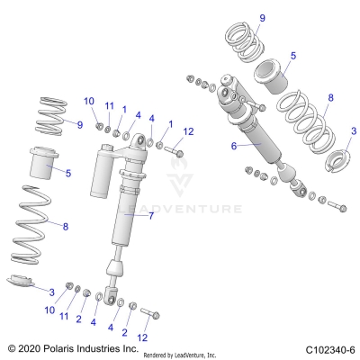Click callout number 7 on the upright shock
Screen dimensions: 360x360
(151, 216)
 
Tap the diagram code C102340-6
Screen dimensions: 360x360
(329, 347)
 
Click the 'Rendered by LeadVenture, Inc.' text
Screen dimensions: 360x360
(192, 354)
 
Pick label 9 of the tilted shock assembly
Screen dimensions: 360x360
(262, 18)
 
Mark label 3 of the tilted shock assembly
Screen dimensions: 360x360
(352, 131)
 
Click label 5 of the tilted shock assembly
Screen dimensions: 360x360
(293, 56)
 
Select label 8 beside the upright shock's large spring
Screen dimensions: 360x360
(65, 226)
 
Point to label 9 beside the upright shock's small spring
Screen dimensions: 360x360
(78, 123)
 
